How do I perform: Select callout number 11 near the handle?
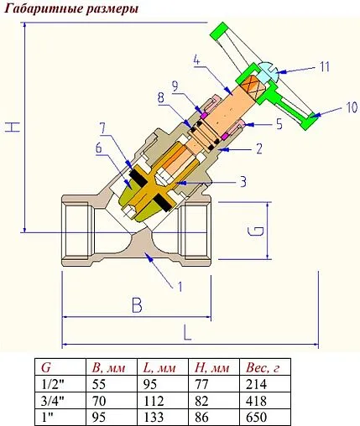[324, 66]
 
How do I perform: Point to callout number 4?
[195, 60]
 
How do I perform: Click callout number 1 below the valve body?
[178, 285]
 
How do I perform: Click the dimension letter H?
[11, 127]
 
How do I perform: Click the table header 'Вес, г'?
[262, 367]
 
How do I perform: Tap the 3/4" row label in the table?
[52, 399]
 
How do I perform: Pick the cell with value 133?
[154, 415]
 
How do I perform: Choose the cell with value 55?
[98, 383]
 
